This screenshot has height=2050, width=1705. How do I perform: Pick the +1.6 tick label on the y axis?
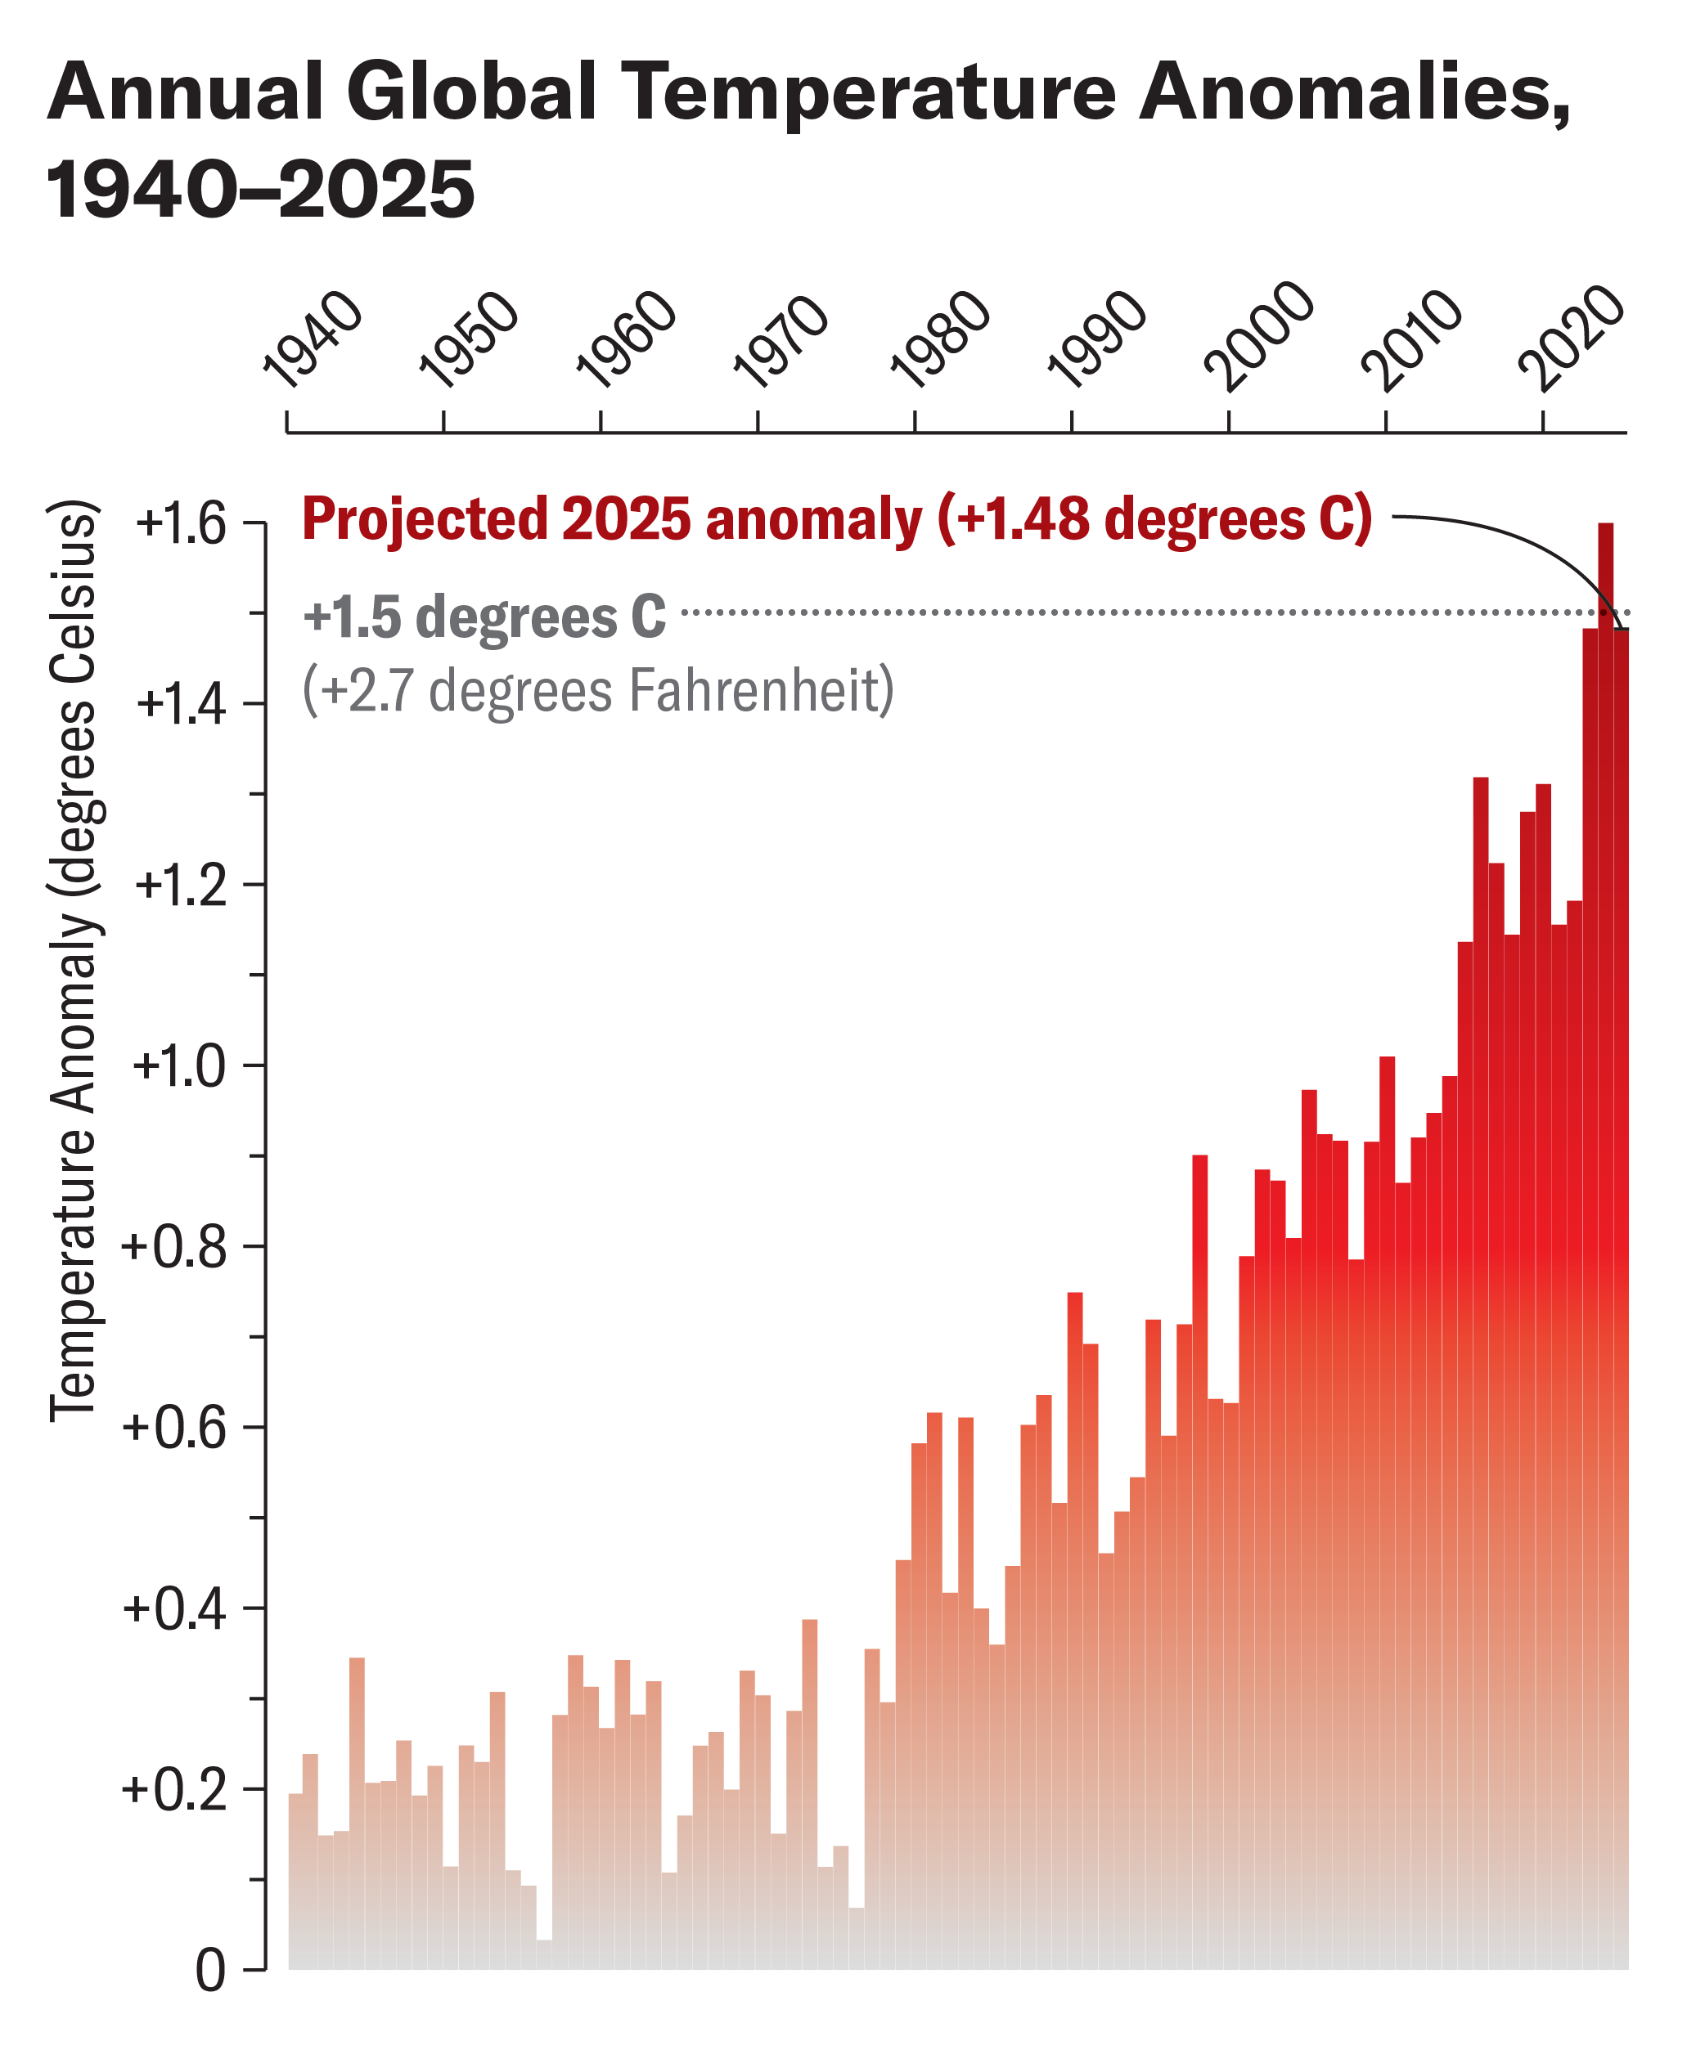click(x=182, y=524)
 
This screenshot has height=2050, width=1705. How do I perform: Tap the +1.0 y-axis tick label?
click(x=180, y=1065)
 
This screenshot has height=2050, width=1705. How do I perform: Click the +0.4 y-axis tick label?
click(x=175, y=1608)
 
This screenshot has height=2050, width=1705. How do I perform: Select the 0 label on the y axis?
click(x=210, y=1971)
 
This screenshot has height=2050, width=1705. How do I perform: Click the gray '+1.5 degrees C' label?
click(x=484, y=617)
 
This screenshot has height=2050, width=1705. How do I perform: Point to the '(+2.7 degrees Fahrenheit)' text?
click(x=597, y=690)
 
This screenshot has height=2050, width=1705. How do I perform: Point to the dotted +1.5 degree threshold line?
click(x=1074, y=612)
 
